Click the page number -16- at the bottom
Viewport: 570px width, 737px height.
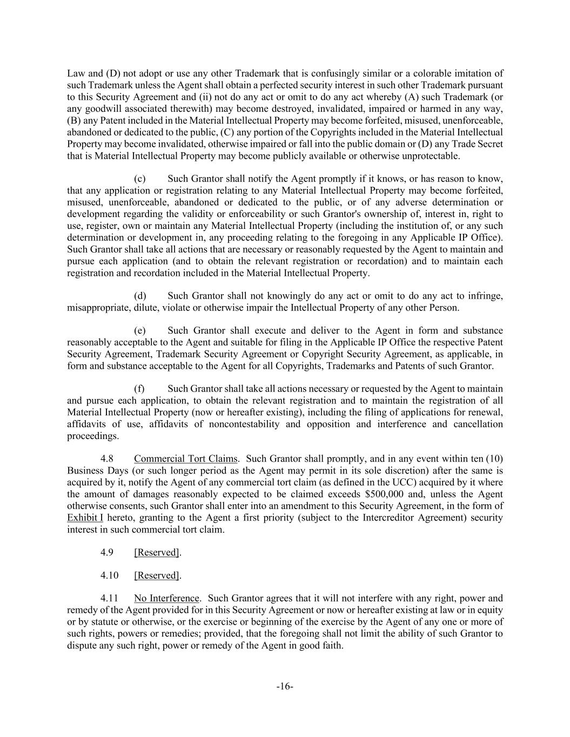[x=285, y=686]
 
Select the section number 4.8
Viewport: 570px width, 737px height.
[x=107, y=459]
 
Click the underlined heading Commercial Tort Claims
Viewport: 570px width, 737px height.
[x=185, y=459]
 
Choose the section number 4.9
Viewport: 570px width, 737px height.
[x=107, y=552]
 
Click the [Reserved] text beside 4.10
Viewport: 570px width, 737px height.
[x=157, y=576]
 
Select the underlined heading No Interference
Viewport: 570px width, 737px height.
[x=166, y=598]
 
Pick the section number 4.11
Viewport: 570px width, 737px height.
[x=109, y=598]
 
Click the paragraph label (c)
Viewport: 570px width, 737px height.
[x=140, y=179]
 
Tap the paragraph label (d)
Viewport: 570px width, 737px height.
[x=140, y=296]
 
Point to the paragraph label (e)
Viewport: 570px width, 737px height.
[x=140, y=330]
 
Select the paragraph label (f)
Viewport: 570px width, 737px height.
[x=139, y=389]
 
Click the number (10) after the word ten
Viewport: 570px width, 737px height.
[x=494, y=459]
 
